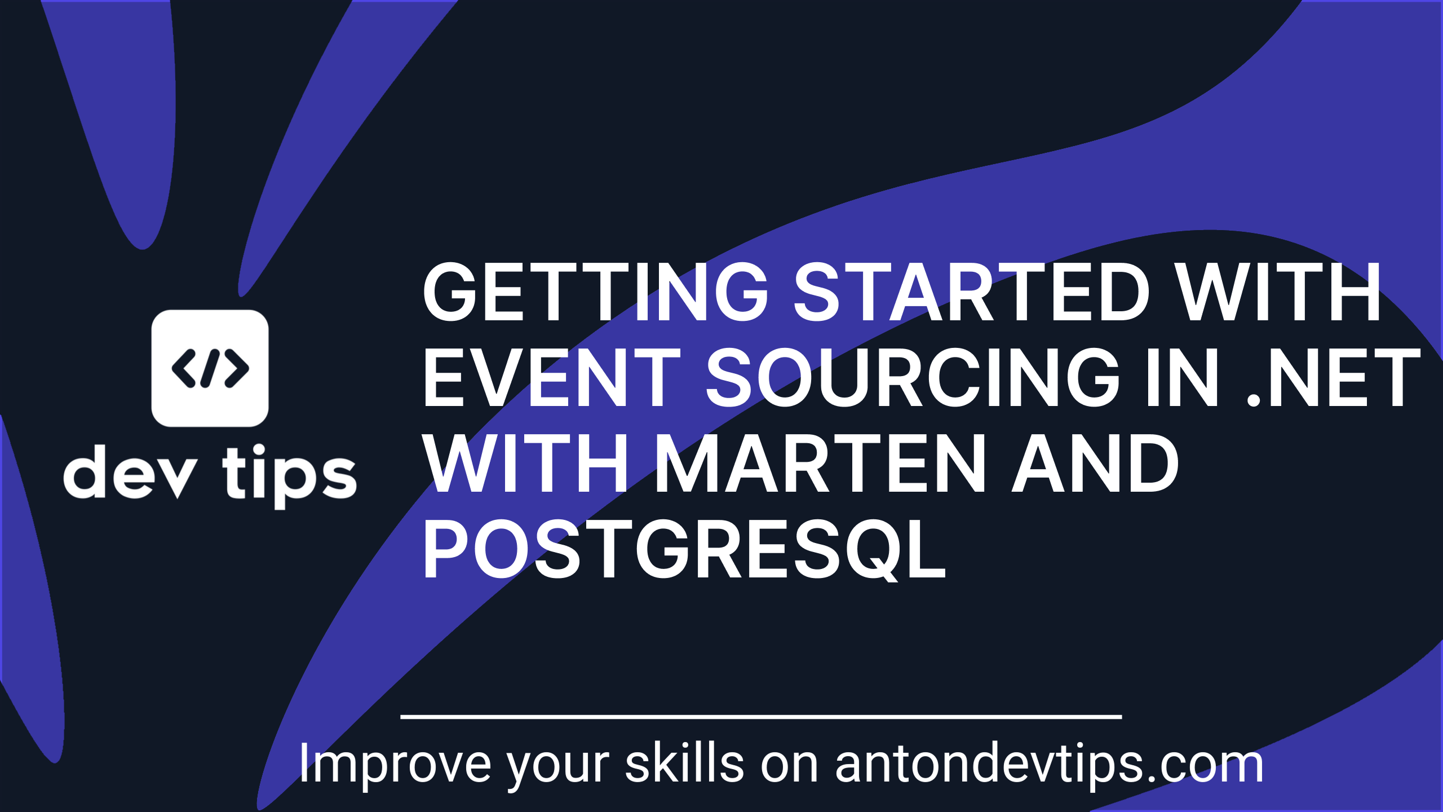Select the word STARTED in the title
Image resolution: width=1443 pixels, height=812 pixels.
pyautogui.click(x=971, y=292)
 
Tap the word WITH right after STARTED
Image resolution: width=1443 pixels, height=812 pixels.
pyautogui.click(x=1279, y=292)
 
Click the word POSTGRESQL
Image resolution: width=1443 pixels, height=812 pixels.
pyautogui.click(x=684, y=549)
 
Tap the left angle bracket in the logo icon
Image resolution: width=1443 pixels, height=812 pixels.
pyautogui.click(x=184, y=368)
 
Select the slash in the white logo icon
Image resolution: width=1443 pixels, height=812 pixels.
pyautogui.click(x=210, y=368)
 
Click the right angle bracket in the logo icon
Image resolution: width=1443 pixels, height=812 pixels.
pyautogui.click(x=237, y=368)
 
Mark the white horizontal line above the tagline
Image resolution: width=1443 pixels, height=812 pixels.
pyautogui.click(x=761, y=717)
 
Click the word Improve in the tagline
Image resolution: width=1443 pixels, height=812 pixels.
pyautogui.click(x=395, y=765)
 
